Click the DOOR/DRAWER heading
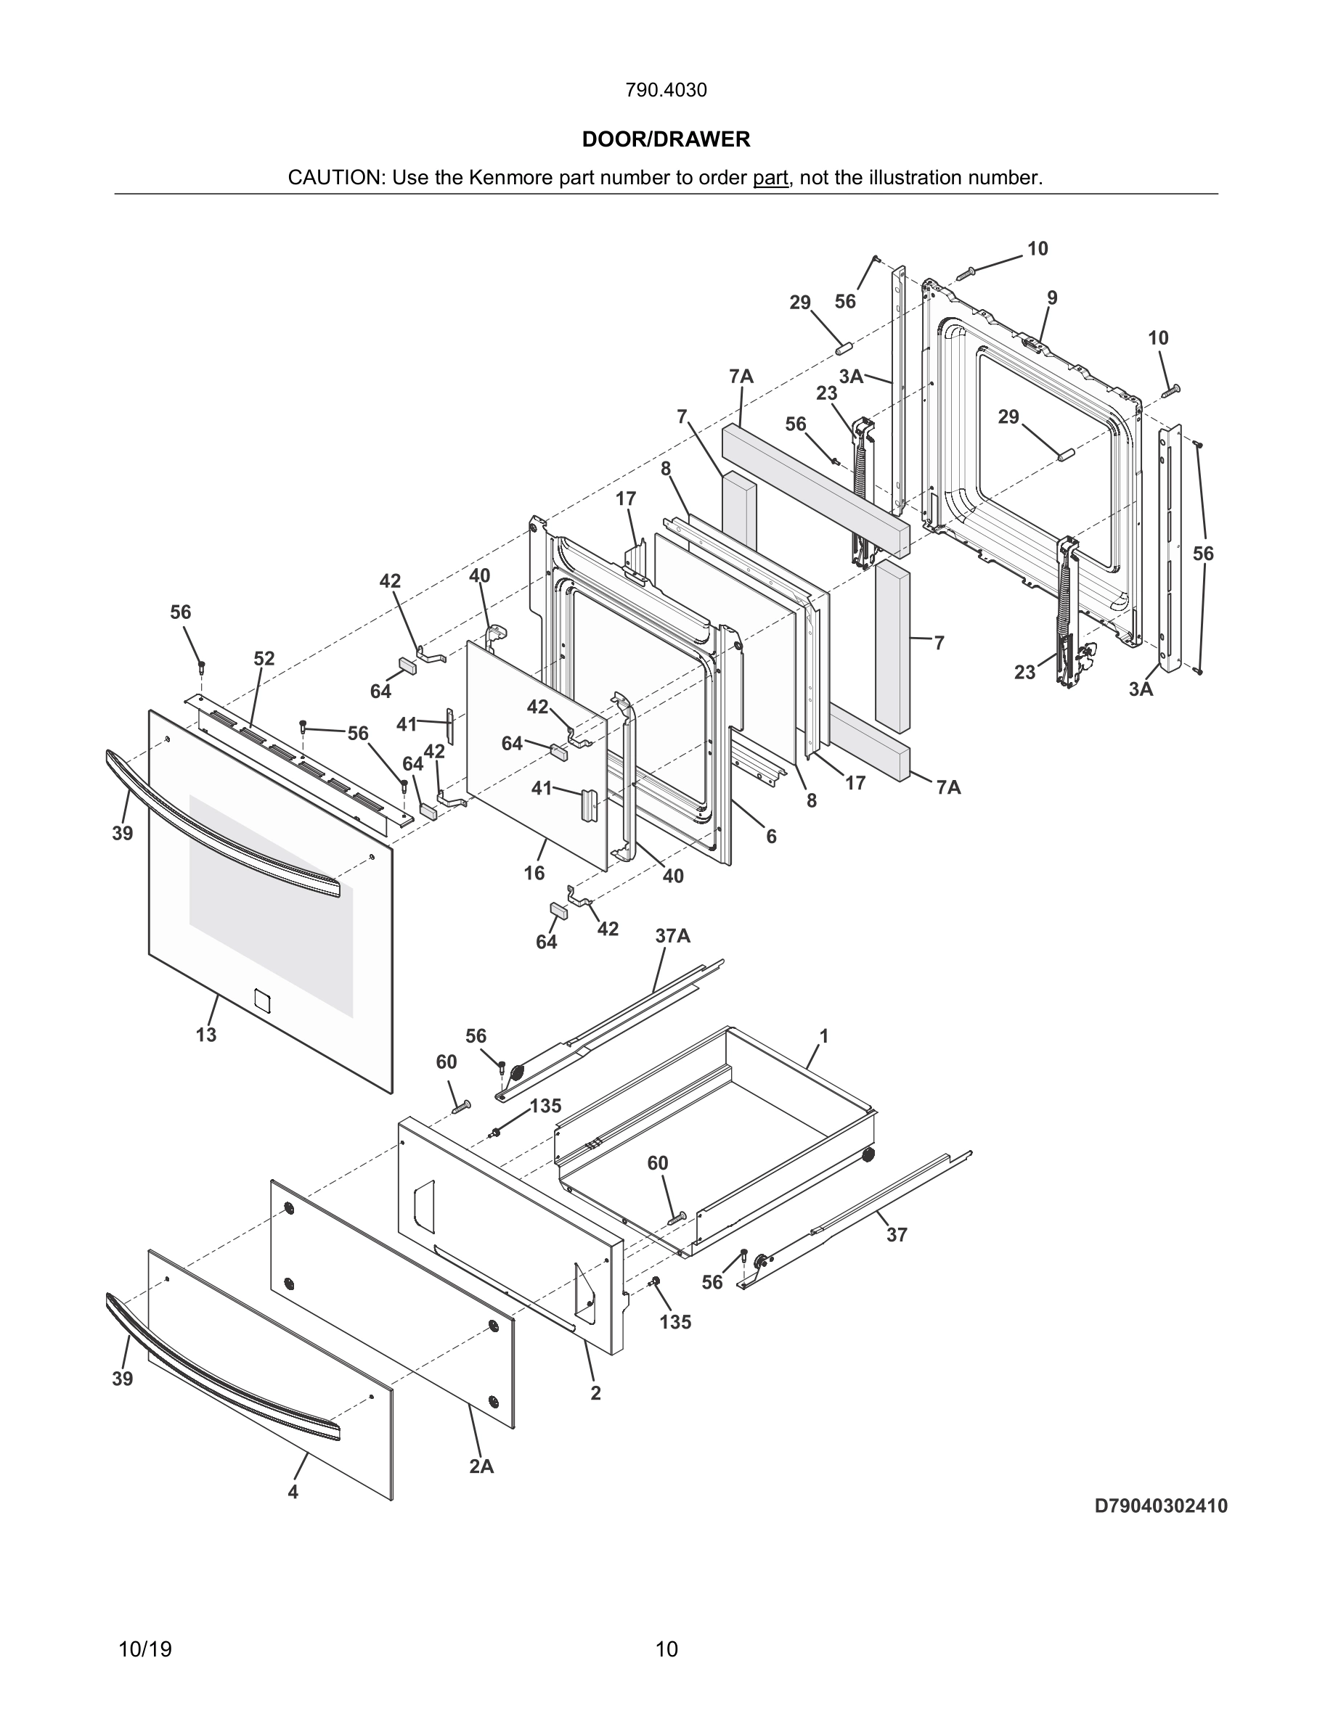click(666, 140)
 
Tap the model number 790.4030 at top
click(666, 90)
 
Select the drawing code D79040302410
click(1160, 1506)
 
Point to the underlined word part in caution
click(770, 178)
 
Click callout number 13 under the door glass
click(206, 1034)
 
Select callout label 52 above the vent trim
click(264, 658)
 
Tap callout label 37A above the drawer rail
click(672, 936)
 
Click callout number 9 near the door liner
click(1052, 297)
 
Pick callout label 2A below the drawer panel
click(481, 1466)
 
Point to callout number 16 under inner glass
click(534, 872)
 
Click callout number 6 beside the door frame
click(771, 836)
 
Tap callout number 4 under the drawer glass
click(293, 1492)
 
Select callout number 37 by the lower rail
click(897, 1234)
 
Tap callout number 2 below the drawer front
click(595, 1393)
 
